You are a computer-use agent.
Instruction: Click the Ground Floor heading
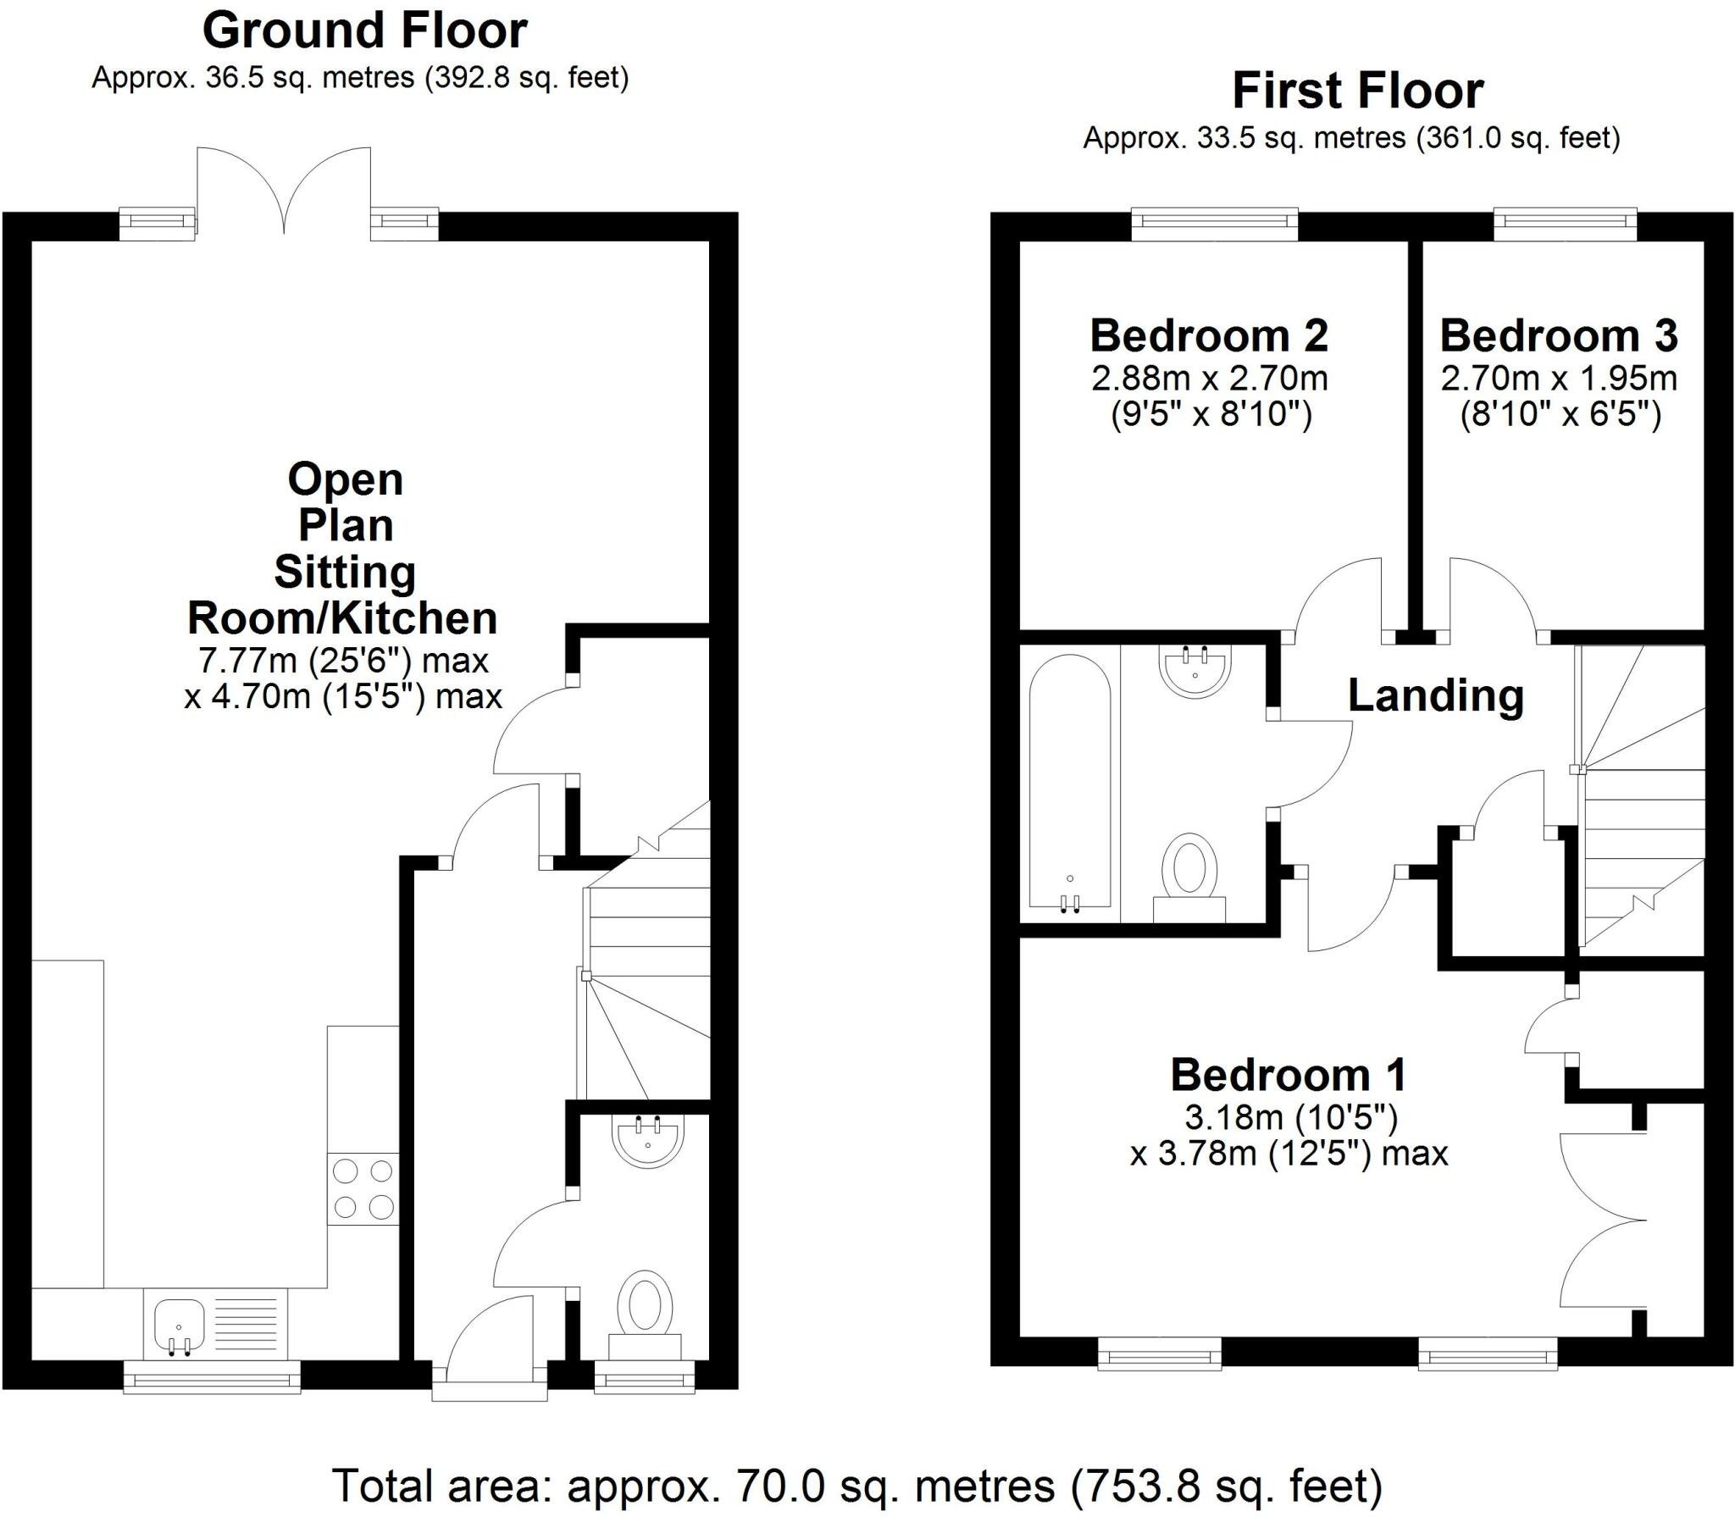pyautogui.click(x=364, y=31)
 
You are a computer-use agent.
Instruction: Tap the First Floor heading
pyautogui.click(x=1357, y=91)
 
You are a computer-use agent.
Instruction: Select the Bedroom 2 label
pyautogui.click(x=1208, y=336)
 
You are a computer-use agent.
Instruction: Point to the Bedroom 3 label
pyautogui.click(x=1558, y=336)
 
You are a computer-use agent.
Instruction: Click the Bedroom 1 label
pyautogui.click(x=1289, y=1076)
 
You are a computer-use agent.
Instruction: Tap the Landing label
pyautogui.click(x=1435, y=696)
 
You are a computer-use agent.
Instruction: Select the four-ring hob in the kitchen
pyautogui.click(x=363, y=1188)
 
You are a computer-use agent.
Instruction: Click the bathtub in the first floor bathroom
pyautogui.click(x=1069, y=784)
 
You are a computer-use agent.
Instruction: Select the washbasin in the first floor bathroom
pyautogui.click(x=1195, y=671)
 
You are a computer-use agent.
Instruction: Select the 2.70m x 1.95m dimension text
pyautogui.click(x=1558, y=379)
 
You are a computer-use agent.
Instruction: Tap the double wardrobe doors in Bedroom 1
pyautogui.click(x=1601, y=1221)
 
